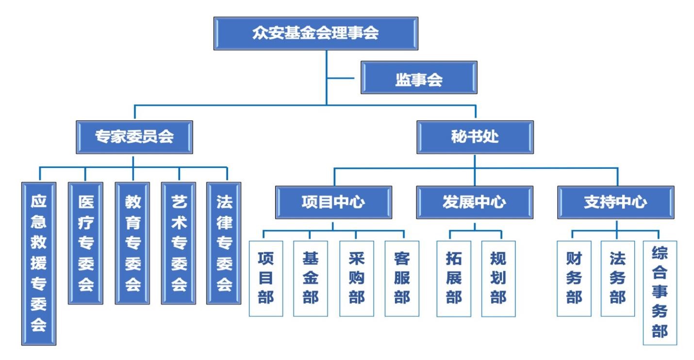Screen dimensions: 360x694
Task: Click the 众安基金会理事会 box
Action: (315, 33)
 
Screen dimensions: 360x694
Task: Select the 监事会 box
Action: (419, 77)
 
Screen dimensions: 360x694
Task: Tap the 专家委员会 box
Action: (134, 137)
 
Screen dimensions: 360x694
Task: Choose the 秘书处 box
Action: (475, 137)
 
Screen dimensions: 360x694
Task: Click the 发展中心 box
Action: (474, 202)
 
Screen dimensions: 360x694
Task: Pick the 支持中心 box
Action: (616, 202)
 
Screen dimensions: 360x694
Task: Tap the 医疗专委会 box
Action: (85, 243)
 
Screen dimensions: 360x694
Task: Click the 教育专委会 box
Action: (132, 243)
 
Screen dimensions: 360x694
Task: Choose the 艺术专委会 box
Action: (179, 243)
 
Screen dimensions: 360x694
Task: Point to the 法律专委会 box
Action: (224, 243)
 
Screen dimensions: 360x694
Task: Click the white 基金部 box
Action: (311, 278)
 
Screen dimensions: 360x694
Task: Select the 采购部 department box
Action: (356, 278)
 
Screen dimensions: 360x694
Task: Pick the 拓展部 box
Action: (454, 278)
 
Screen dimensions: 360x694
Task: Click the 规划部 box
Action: (498, 278)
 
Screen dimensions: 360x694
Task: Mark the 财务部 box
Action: (574, 278)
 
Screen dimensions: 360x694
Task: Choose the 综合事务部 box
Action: (660, 293)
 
